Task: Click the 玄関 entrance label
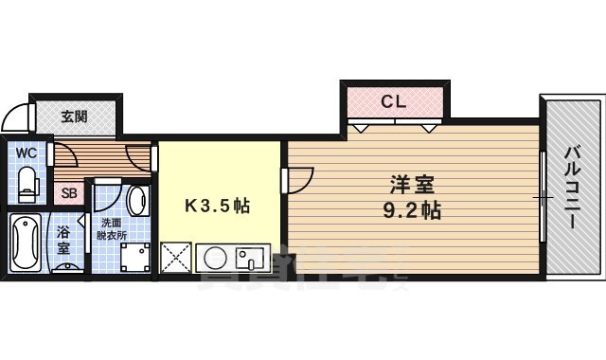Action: tap(75, 117)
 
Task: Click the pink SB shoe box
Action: tap(69, 193)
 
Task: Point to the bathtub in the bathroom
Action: tap(24, 242)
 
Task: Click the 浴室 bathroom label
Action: tap(64, 241)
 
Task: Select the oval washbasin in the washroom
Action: tap(136, 200)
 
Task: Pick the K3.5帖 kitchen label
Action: tap(217, 206)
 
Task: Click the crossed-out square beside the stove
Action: tap(177, 258)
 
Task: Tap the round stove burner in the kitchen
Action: tap(214, 258)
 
